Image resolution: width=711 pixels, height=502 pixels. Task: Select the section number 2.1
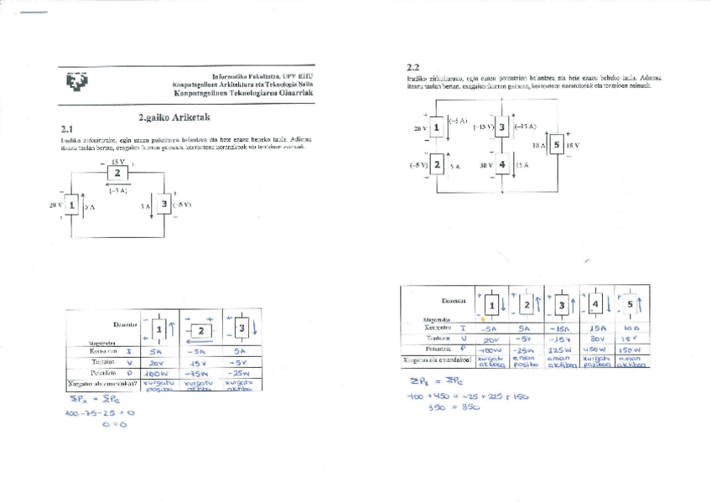68,129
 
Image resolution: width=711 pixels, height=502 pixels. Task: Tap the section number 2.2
413,67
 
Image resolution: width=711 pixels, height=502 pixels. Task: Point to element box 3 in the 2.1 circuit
164,204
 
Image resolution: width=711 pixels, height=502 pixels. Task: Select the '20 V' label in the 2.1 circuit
56,204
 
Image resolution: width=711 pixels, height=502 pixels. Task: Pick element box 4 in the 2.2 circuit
501,165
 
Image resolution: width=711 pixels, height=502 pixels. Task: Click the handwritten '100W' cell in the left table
159,373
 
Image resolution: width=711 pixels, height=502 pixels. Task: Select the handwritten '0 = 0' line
112,425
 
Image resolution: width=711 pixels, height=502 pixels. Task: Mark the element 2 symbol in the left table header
201,330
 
